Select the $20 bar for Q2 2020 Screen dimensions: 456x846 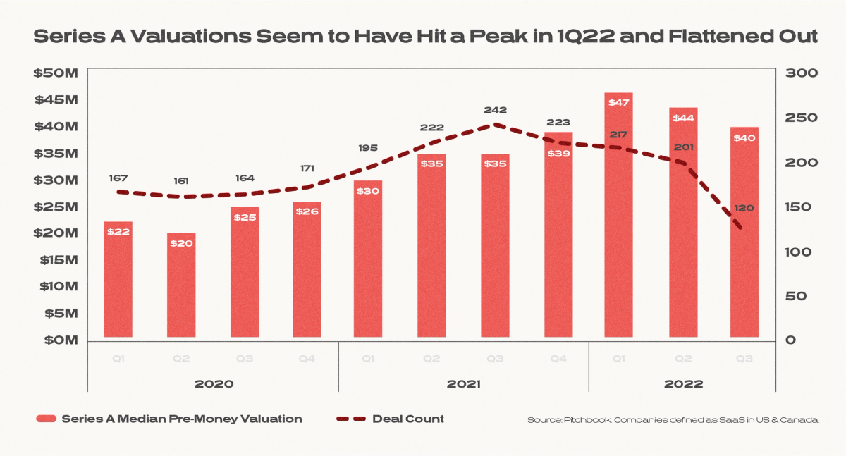(x=181, y=285)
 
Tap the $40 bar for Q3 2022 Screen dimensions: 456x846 (x=744, y=233)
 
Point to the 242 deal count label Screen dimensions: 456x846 (x=495, y=111)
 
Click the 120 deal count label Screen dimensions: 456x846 (x=744, y=209)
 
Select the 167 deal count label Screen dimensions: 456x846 (x=118, y=178)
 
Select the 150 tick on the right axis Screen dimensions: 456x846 (x=799, y=207)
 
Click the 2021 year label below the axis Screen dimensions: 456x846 (x=463, y=384)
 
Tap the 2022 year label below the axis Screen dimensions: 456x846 (x=683, y=384)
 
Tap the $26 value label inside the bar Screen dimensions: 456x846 (x=307, y=211)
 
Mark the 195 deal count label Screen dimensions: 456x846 (x=368, y=148)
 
